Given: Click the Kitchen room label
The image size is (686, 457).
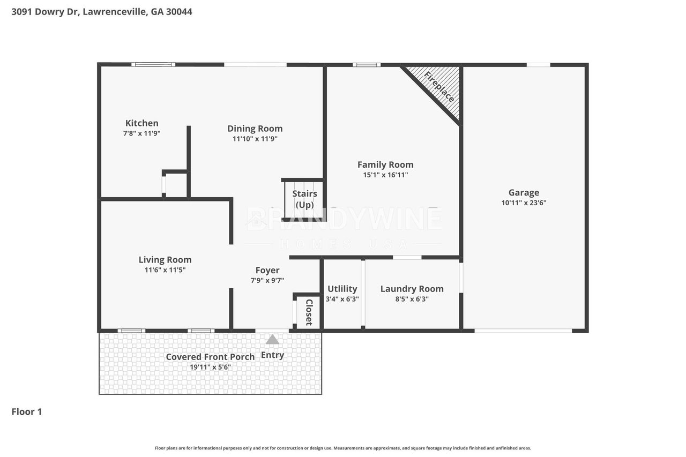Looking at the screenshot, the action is tap(142, 123).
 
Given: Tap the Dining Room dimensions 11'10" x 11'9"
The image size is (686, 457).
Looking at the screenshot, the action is tap(255, 139).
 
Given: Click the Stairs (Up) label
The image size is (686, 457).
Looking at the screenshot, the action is tap(304, 199).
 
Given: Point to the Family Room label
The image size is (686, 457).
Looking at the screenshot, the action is tap(385, 164).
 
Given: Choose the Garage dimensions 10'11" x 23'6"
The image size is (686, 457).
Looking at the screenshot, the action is tap(524, 203).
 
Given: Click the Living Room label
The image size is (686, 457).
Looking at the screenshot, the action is tap(165, 260).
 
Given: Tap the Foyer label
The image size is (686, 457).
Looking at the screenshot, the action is tap(267, 270).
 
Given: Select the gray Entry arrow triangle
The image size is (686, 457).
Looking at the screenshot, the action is tap(272, 340).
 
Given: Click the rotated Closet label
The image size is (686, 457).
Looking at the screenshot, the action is tap(309, 312).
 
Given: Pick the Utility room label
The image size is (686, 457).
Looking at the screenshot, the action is tap(342, 289).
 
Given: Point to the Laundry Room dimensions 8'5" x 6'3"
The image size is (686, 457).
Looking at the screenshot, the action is tap(412, 299).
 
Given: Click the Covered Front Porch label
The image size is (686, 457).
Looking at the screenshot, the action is tap(210, 357).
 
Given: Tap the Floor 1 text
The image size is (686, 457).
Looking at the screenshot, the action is tap(27, 411).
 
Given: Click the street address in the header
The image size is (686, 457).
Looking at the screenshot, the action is tap(102, 12).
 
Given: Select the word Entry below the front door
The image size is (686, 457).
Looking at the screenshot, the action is tap(272, 355).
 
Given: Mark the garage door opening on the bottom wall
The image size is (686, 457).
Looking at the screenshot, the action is tap(523, 331).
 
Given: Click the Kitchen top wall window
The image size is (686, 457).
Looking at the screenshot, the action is tap(153, 65).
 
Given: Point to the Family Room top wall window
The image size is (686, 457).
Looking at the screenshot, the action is tap(367, 65).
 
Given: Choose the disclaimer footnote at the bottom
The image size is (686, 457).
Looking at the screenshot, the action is tap(343, 448).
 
